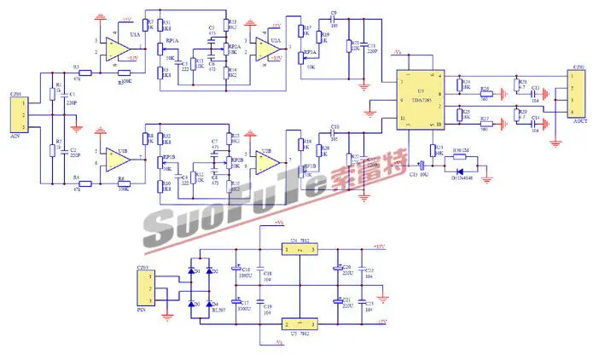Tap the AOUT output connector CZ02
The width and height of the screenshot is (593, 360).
578,94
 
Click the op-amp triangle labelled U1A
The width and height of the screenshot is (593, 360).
113,48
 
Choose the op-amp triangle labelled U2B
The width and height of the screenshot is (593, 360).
267,160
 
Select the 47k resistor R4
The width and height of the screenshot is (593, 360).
77,183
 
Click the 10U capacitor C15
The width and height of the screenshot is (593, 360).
421,165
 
